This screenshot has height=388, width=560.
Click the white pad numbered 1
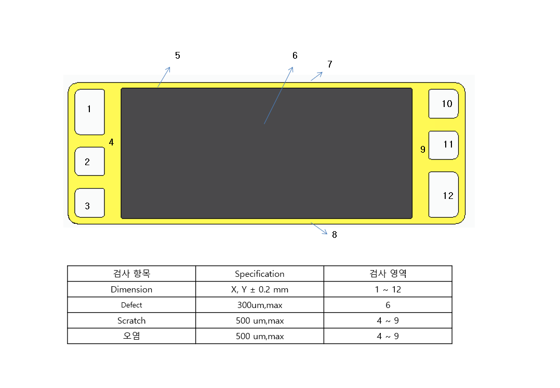(90, 112)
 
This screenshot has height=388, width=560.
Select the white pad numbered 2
(90, 162)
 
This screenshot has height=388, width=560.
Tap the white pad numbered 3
(90, 203)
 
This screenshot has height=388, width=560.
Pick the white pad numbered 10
(444, 103)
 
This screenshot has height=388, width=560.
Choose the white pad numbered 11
(444, 145)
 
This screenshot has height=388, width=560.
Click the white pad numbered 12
(444, 195)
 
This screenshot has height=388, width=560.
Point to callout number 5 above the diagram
(178, 56)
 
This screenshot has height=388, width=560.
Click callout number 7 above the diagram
(330, 64)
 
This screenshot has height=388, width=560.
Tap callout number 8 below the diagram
(335, 234)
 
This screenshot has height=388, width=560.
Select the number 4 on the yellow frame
(111, 142)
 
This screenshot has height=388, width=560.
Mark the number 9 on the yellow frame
(423, 150)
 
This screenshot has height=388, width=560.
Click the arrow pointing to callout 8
(319, 229)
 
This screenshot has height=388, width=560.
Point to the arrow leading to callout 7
(317, 76)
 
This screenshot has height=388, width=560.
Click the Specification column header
(260, 274)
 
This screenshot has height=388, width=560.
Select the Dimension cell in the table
(131, 289)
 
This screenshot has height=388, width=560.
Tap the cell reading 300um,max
(260, 305)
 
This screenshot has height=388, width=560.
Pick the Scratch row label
(131, 320)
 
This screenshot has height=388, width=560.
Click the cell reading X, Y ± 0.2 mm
(260, 289)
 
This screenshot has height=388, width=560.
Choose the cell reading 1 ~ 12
(388, 289)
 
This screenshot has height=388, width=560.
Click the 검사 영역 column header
(388, 273)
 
